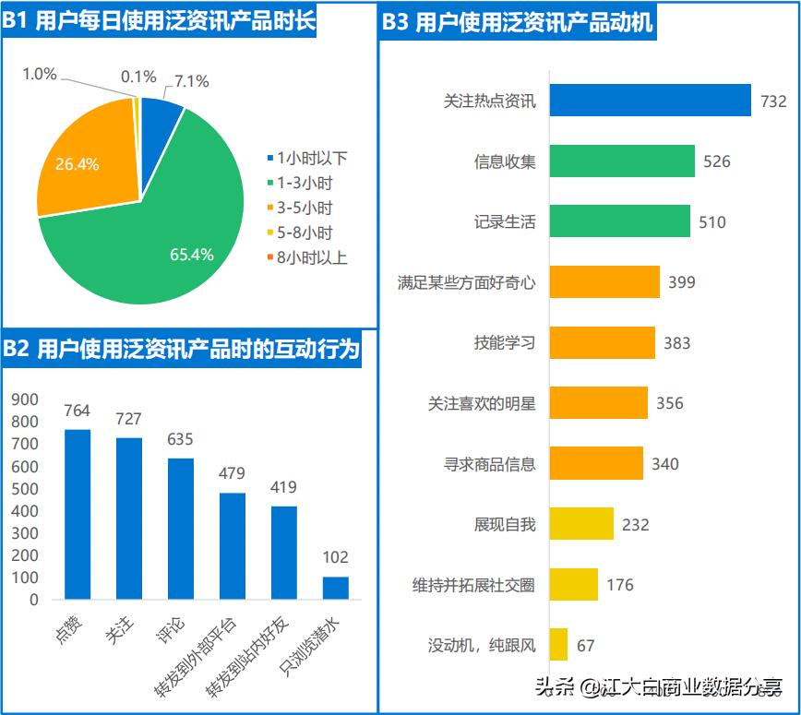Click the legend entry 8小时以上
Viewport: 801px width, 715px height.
312,257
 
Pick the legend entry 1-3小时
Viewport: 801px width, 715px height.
305,183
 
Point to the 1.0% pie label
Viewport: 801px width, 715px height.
40,74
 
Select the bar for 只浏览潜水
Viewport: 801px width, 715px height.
336,588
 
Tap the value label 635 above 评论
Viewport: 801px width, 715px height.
180,439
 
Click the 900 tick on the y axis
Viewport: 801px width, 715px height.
26,399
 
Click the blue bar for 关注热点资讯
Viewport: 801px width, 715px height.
650,101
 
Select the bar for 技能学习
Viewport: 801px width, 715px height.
602,343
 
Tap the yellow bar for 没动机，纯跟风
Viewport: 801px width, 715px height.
558,645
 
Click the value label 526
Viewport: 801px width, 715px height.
716,161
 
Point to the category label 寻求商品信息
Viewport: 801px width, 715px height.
489,464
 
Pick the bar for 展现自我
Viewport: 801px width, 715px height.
581,524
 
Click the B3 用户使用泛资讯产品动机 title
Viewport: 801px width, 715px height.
518,22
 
